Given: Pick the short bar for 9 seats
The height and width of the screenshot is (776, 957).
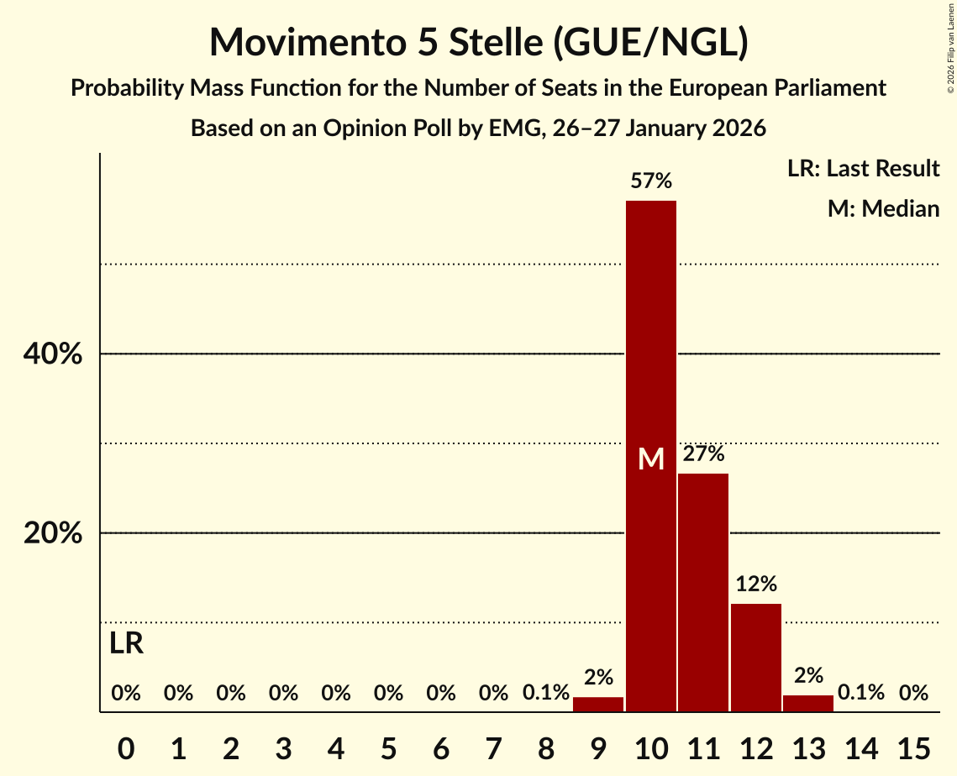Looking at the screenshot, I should [598, 705].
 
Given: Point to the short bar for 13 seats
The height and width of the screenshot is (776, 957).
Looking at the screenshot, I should [808, 704].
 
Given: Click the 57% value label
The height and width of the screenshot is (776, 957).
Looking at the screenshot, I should [651, 181].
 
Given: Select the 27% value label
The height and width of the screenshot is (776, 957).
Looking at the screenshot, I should [703, 454].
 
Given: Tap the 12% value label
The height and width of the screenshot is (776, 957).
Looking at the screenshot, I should [756, 584].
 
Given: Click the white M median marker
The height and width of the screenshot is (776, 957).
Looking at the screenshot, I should [651, 459].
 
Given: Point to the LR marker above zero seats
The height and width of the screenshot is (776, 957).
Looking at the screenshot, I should [126, 644].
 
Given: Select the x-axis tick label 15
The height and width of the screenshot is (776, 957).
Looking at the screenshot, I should [913, 745].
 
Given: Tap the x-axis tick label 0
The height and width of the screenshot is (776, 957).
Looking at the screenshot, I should [126, 745].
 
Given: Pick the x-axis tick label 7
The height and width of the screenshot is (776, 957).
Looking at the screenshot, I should [493, 745].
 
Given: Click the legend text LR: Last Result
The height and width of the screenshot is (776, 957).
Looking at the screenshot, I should [863, 169].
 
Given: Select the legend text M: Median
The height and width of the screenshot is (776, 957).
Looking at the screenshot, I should [883, 208].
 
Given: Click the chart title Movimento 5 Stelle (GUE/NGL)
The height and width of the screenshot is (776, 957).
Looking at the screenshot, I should [478, 42].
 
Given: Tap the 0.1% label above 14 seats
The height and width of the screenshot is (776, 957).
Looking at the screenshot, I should [861, 693].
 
